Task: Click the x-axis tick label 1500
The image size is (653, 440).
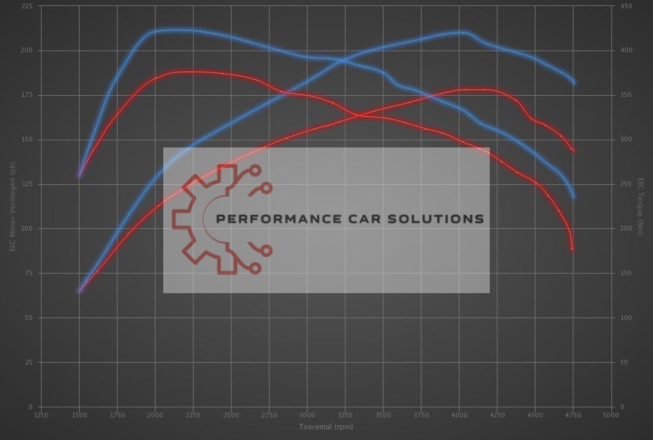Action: click(79, 415)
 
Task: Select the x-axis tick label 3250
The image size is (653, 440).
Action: click(345, 415)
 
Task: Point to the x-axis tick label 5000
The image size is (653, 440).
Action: click(610, 415)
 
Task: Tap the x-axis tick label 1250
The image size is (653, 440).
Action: click(41, 415)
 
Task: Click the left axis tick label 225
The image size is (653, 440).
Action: click(27, 6)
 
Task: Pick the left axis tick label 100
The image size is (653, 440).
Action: click(27, 229)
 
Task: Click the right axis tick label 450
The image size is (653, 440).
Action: click(626, 6)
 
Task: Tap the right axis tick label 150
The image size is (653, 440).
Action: click(626, 273)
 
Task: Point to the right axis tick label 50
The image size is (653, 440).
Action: click(624, 362)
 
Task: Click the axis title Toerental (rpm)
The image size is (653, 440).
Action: click(326, 426)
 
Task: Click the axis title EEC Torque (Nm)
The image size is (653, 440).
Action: click(641, 206)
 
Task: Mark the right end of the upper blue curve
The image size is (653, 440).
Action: click(574, 83)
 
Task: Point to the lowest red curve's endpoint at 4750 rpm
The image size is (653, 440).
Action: click(572, 249)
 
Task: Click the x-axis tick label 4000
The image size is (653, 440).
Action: click(458, 415)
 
